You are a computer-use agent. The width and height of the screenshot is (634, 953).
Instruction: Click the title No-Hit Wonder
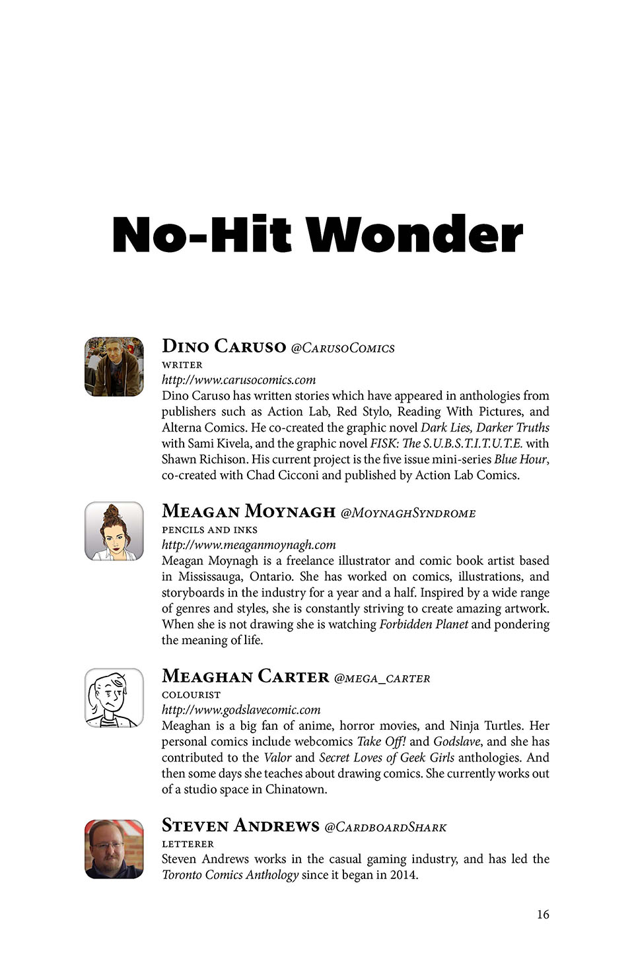pos(317,235)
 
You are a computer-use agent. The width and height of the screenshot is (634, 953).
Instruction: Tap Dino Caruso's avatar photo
pos(114,367)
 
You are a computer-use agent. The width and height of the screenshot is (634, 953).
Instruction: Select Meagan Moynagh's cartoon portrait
pos(114,531)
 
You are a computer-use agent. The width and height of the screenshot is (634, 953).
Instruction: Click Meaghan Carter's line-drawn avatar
pos(114,698)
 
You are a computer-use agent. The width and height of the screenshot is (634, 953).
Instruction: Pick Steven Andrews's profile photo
pos(114,849)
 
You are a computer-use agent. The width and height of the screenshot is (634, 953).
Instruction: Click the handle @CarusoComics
pos(343,348)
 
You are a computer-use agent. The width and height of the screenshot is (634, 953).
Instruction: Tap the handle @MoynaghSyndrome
pos(407,513)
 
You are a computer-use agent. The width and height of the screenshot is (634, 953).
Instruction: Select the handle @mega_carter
pos(382,678)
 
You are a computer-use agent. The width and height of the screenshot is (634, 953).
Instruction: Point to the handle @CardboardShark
pos(386,827)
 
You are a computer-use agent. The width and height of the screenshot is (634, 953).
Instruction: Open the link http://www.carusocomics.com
pos(238,379)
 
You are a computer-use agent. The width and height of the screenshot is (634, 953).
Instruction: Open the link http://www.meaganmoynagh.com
pos(248,544)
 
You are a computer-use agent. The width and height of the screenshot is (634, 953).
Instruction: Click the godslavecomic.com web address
pos(241,709)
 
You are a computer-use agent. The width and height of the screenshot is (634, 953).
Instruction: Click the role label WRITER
pos(182,364)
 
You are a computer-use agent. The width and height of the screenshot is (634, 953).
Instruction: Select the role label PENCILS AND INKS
pos(209,529)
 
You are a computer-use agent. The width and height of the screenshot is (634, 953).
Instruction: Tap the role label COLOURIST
pos(191,694)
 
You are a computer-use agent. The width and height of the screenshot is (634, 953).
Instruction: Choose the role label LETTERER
pos(188,843)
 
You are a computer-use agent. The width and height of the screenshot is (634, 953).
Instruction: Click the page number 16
pos(543,914)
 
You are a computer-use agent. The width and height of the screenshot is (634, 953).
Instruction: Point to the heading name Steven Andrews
pos(240,826)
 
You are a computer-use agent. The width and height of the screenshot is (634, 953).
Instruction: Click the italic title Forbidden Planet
pos(423,624)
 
